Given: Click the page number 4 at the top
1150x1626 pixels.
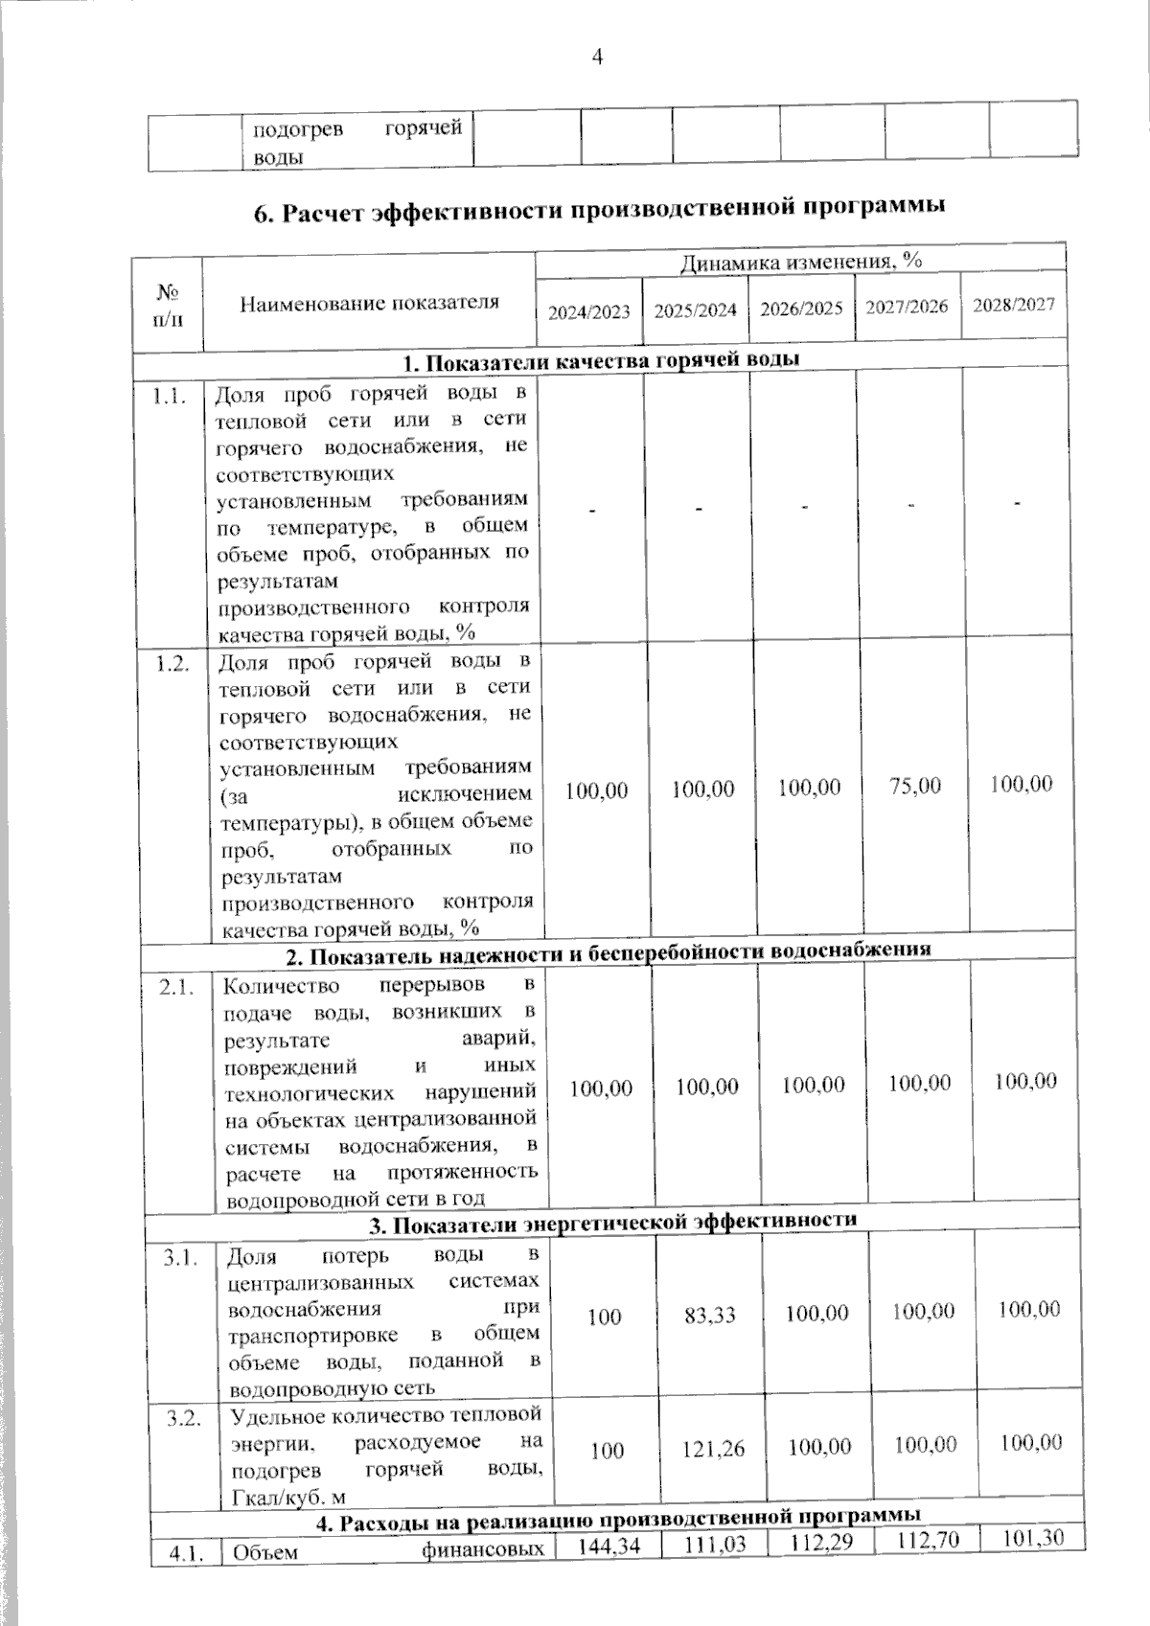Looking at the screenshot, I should (x=597, y=57).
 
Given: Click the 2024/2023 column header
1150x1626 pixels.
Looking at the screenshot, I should (x=588, y=311).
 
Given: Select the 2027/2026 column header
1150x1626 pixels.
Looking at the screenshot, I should (x=907, y=307).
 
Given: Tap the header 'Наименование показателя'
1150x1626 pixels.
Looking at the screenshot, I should (x=369, y=304).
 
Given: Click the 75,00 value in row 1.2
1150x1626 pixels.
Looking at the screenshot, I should (x=915, y=787).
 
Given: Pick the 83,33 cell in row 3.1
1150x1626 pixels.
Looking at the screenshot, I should (x=710, y=1316).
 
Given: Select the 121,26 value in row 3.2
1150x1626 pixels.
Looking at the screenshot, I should (x=713, y=1449).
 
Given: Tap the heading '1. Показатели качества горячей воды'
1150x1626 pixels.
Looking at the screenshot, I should (x=601, y=361).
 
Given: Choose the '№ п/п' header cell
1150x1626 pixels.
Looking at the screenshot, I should (x=168, y=304).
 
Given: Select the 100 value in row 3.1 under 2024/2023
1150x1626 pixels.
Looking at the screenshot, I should (x=605, y=1317).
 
